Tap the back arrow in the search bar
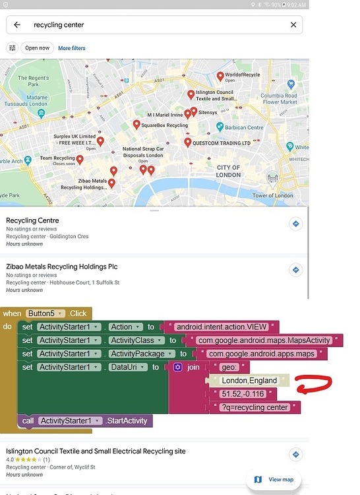[17, 25]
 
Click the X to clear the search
[293, 25]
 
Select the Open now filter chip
[38, 48]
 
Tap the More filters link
[72, 48]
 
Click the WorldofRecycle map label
[243, 75]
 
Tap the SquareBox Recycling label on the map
[164, 125]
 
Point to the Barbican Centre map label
[244, 127]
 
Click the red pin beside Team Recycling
[80, 160]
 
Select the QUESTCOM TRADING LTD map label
[222, 143]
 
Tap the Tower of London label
[272, 195]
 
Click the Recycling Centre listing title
[32, 220]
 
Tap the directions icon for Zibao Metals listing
[296, 270]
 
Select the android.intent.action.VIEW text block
[222, 327]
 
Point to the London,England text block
[249, 380]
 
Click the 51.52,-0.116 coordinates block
[243, 394]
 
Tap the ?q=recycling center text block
[254, 407]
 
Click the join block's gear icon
[178, 367]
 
